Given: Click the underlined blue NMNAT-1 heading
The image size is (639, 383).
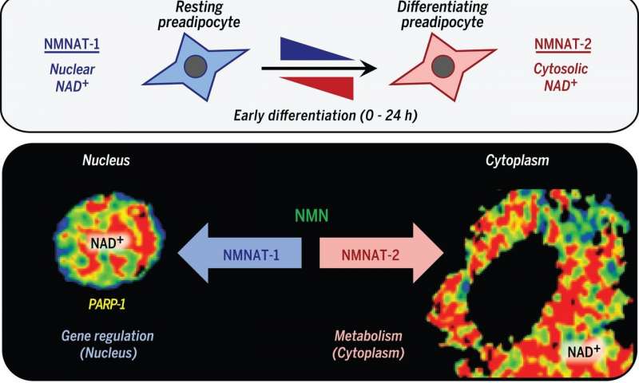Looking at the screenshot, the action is [72, 45].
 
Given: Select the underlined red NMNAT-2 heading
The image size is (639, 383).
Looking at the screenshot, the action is [563, 45].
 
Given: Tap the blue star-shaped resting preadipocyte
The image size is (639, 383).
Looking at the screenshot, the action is [195, 67].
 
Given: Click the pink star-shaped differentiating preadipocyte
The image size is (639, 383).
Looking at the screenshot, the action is [443, 67].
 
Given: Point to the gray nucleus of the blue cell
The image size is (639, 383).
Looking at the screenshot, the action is [196, 66].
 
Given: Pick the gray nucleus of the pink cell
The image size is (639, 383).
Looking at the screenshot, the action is [443, 66].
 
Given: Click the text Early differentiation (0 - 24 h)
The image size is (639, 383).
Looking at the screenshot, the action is [326, 116].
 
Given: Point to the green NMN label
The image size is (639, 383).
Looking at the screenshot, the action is [312, 215].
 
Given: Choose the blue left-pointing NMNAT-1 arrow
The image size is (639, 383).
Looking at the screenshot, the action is [240, 253].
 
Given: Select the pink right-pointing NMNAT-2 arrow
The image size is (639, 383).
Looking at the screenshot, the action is [382, 253].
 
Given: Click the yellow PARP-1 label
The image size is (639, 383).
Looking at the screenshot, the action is [107, 304].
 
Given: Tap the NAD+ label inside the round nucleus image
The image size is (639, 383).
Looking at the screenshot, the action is [107, 243].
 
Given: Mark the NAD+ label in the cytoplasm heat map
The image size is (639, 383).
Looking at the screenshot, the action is [584, 351].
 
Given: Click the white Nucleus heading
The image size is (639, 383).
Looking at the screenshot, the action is [106, 160].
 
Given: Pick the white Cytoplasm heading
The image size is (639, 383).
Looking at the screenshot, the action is [517, 160].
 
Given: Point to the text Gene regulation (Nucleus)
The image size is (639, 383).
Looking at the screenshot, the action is [108, 345].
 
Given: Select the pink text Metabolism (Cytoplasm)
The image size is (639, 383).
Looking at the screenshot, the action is [368, 345].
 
